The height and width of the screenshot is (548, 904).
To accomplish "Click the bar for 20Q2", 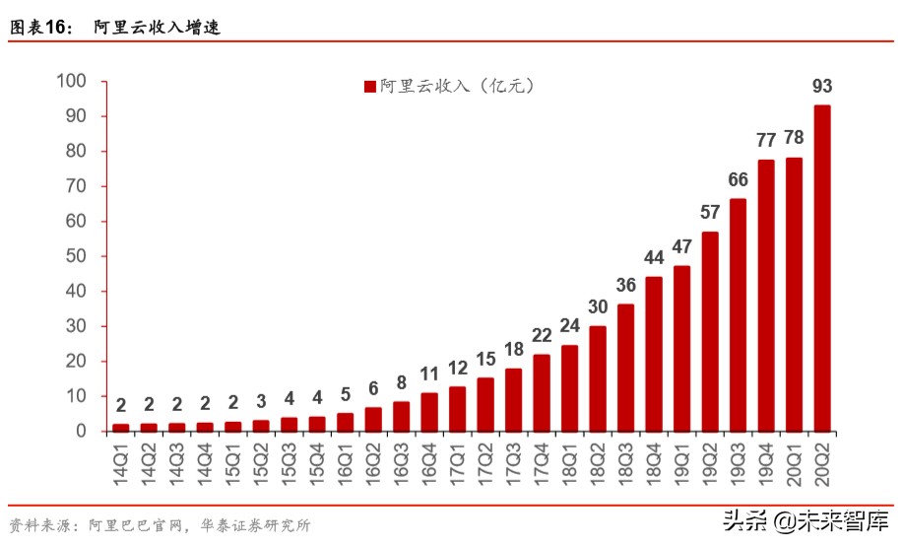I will pyautogui.click(x=821, y=268).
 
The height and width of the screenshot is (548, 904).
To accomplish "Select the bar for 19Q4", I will pyautogui.click(x=765, y=296).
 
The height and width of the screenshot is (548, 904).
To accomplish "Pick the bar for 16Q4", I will pyautogui.click(x=429, y=412).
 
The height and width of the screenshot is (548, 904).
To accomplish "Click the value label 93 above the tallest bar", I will pyautogui.click(x=821, y=87).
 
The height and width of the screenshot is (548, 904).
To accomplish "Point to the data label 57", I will pyautogui.click(x=709, y=213).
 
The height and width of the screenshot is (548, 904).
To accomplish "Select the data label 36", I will pyautogui.click(x=625, y=286).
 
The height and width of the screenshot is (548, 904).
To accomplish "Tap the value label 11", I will pyautogui.click(x=429, y=374).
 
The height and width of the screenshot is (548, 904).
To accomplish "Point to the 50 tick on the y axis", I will pyautogui.click(x=76, y=256).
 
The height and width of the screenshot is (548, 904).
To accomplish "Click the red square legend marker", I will pyautogui.click(x=370, y=87).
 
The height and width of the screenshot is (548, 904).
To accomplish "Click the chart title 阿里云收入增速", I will pyautogui.click(x=157, y=28).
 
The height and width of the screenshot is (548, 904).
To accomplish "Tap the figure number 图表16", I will pyautogui.click(x=40, y=28).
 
